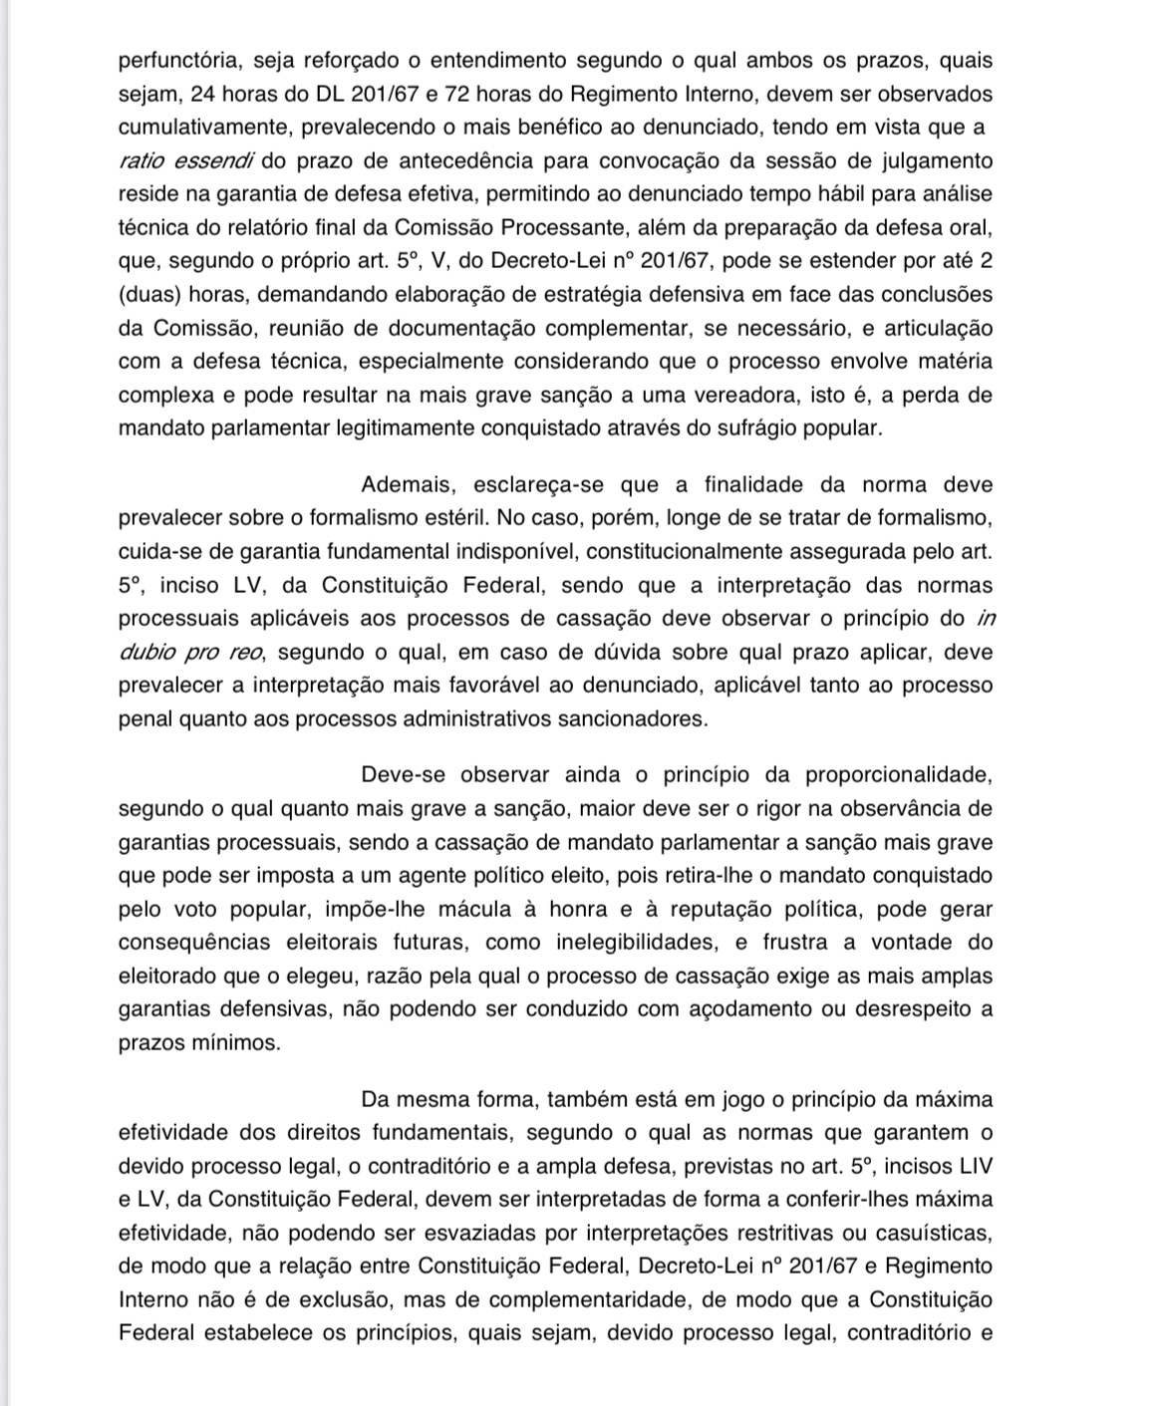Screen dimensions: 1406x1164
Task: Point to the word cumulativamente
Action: tap(205, 128)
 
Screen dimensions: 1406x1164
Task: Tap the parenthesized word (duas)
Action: tap(147, 295)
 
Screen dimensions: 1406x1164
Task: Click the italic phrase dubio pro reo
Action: tap(192, 652)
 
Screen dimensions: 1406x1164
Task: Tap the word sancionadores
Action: tap(629, 718)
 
